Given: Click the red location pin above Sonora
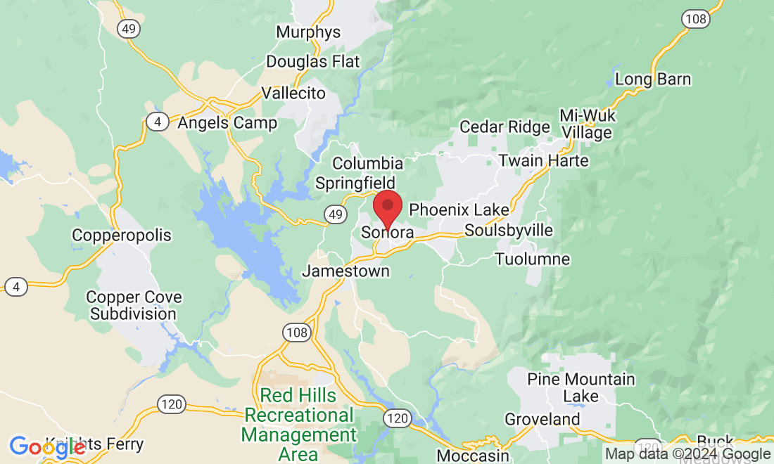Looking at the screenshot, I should pyautogui.click(x=387, y=207).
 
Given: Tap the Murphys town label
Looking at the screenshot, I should pyautogui.click(x=308, y=32).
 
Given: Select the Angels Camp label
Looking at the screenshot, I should pyautogui.click(x=227, y=123).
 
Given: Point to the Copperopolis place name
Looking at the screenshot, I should pyautogui.click(x=122, y=235).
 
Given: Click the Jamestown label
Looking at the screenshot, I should pyautogui.click(x=346, y=271).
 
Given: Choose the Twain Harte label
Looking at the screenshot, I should pyautogui.click(x=543, y=161).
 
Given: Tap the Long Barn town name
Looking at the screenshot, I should pyautogui.click(x=653, y=79).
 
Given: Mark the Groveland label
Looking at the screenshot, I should pyautogui.click(x=543, y=420).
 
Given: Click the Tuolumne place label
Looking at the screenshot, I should pyautogui.click(x=532, y=259).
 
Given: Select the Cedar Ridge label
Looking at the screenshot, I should pyautogui.click(x=505, y=127).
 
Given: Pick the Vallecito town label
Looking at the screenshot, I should pyautogui.click(x=293, y=94).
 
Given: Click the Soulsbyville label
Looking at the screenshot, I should pyautogui.click(x=509, y=231).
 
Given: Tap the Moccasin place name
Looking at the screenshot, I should pyautogui.click(x=472, y=456).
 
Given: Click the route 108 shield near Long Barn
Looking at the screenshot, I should pyautogui.click(x=694, y=19).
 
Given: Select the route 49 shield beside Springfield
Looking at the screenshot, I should pyautogui.click(x=335, y=213).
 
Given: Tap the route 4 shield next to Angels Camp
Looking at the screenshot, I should pyautogui.click(x=158, y=122).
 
